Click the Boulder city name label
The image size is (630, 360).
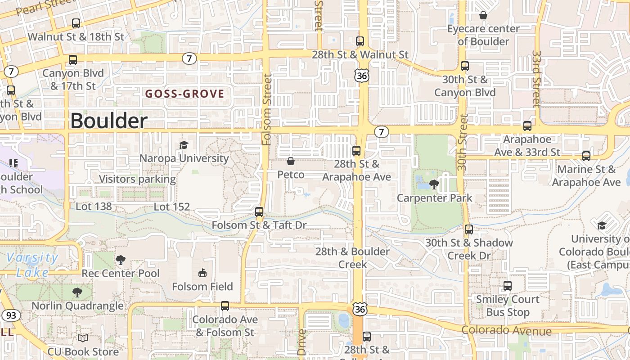109,121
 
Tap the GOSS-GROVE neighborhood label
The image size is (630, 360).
184,94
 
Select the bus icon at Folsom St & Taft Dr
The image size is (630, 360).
259,211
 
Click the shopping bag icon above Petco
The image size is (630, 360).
291,161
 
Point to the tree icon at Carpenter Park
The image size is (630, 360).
434,184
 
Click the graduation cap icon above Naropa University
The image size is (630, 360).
184,145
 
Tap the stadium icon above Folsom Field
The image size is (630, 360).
202,273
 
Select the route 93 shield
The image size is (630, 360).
11,315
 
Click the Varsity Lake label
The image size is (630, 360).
32,265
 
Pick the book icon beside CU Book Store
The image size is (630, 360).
83,338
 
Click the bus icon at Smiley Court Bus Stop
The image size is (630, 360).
508,285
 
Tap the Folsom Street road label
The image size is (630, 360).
267,109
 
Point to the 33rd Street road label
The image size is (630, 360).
536,79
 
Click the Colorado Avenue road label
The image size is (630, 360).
507,331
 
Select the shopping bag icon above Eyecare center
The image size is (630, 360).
483,15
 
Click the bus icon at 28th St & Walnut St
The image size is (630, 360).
360,41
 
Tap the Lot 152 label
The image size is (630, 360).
172,207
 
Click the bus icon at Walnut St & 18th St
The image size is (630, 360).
76,23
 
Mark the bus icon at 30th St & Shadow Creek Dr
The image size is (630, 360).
469,229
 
